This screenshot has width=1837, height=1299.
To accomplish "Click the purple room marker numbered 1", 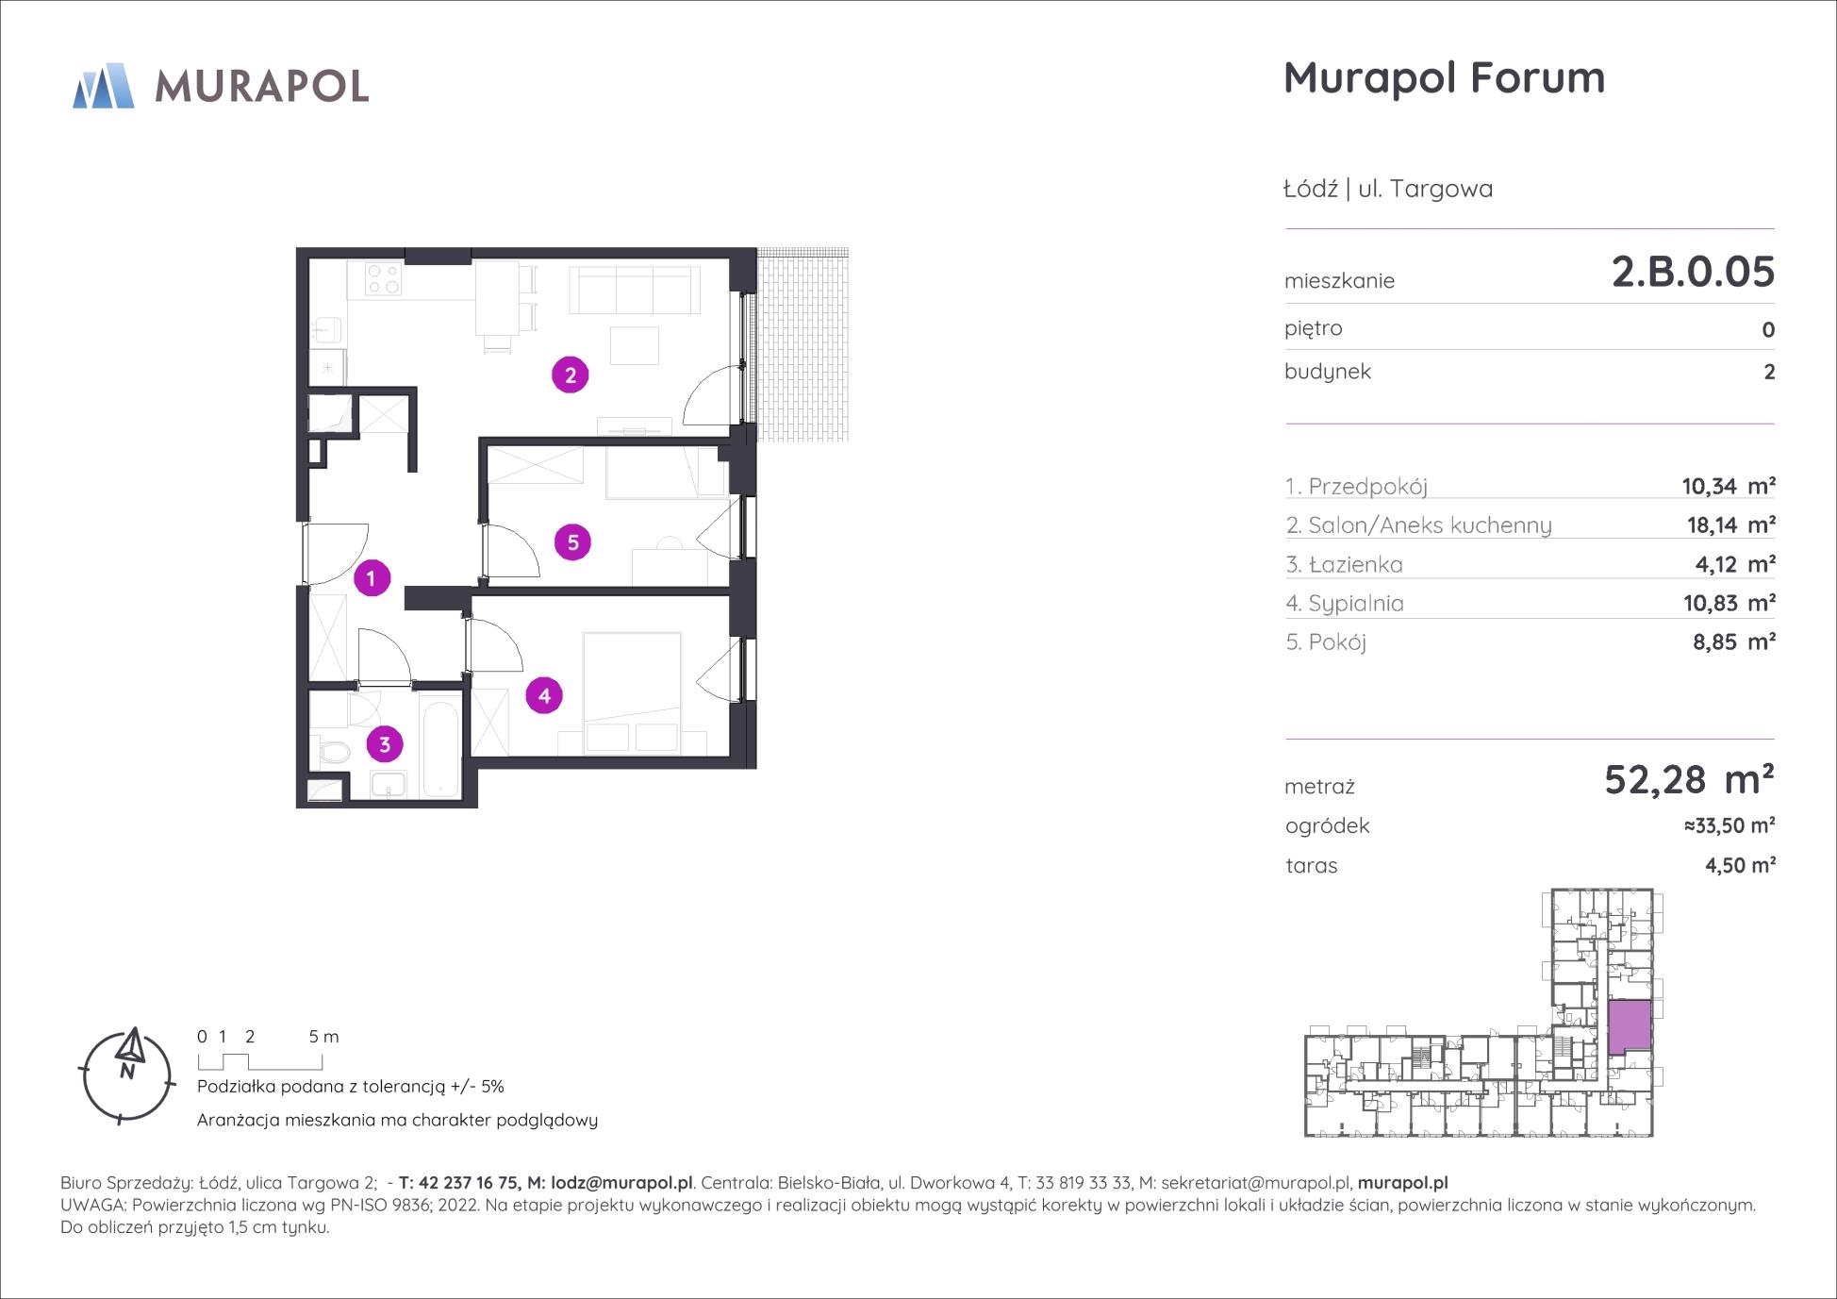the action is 372,577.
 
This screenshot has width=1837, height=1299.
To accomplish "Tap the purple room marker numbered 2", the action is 570,375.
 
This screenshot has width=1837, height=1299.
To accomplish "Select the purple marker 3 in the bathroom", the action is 385,744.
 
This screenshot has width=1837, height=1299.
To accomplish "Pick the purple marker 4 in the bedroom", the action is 544,695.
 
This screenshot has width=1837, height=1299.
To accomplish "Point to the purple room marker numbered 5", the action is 572,542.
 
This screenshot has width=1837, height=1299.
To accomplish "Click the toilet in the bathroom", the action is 332,753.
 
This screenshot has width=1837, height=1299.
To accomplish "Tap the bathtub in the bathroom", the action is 441,745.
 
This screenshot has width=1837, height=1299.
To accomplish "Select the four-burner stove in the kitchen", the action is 384,279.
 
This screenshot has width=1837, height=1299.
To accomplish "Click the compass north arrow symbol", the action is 128,1049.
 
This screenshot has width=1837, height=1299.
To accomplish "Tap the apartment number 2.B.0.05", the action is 1693,272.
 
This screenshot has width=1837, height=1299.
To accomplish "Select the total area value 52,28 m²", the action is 1689,780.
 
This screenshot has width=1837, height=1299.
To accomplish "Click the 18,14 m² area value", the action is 1731,525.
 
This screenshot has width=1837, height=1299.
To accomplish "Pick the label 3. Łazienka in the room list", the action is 1344,564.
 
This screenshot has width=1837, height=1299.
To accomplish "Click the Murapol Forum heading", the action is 1444,77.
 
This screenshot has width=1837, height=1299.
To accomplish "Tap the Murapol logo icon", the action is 104,86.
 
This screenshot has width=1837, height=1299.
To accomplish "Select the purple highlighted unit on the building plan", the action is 1630,1027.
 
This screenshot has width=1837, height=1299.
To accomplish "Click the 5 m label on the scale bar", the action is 323,1036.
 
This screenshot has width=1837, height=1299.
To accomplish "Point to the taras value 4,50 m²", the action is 1741,865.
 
